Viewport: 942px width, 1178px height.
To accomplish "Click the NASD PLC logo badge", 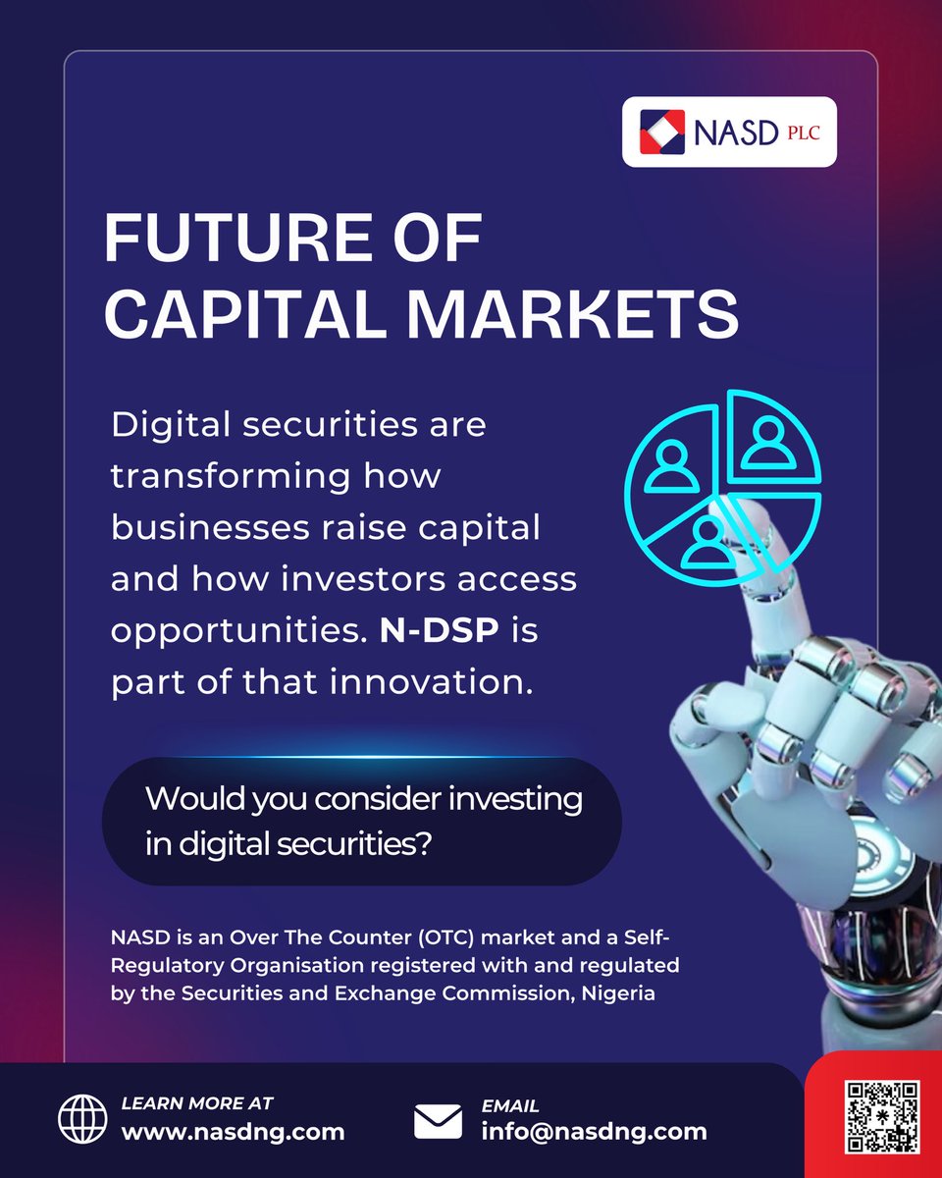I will [x=729, y=132].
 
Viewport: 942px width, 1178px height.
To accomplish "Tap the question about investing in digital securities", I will [x=363, y=822].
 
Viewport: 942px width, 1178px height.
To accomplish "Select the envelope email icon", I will [x=438, y=1120].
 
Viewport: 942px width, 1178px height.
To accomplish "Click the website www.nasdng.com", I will [x=233, y=1131].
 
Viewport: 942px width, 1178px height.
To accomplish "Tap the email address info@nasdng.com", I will [x=594, y=1131].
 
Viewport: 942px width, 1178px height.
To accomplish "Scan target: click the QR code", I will [x=882, y=1116].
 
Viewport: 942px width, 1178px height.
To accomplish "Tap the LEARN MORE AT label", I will [x=197, y=1103].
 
